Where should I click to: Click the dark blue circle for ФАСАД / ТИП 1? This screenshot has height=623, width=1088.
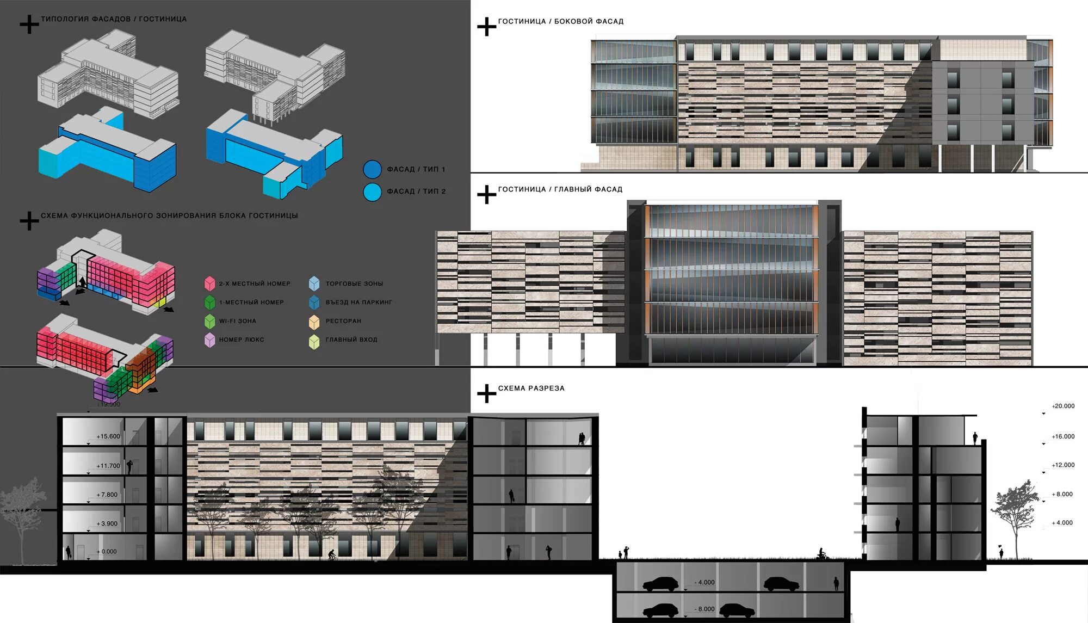pyautogui.click(x=373, y=169)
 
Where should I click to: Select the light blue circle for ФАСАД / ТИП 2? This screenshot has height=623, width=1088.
pyautogui.click(x=373, y=192)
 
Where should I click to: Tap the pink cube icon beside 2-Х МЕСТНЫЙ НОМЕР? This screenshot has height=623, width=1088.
pyautogui.click(x=209, y=283)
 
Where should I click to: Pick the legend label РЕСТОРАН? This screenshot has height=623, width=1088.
pyautogui.click(x=343, y=321)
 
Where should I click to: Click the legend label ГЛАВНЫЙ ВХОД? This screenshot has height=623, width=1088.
pyautogui.click(x=351, y=340)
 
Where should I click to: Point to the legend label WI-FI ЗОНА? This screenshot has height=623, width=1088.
pyautogui.click(x=238, y=321)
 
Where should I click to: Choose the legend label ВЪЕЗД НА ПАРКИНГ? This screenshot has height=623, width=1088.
pyautogui.click(x=358, y=303)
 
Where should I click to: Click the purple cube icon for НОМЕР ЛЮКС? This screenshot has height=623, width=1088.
pyautogui.click(x=209, y=340)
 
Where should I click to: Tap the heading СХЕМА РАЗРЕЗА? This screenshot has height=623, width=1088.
pyautogui.click(x=531, y=388)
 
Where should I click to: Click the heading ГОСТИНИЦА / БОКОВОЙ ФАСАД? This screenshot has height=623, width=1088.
pyautogui.click(x=560, y=21)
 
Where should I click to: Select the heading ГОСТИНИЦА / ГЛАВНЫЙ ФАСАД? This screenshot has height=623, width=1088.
pyautogui.click(x=560, y=189)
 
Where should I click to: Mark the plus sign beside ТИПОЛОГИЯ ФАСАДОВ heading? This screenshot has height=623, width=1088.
pyautogui.click(x=29, y=24)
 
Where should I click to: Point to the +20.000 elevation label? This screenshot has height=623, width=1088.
pyautogui.click(x=1063, y=406)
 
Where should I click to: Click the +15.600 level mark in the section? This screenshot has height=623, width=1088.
pyautogui.click(x=108, y=436)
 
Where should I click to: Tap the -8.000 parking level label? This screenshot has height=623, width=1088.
pyautogui.click(x=706, y=609)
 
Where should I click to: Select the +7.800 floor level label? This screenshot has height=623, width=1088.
pyautogui.click(x=107, y=495)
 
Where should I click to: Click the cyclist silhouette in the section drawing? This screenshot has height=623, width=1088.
pyautogui.click(x=332, y=555)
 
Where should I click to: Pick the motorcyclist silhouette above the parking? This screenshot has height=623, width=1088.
pyautogui.click(x=822, y=555)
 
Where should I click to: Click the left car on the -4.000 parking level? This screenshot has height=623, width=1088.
pyautogui.click(x=660, y=584)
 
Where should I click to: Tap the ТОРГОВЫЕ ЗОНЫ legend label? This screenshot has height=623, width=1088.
pyautogui.click(x=354, y=284)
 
